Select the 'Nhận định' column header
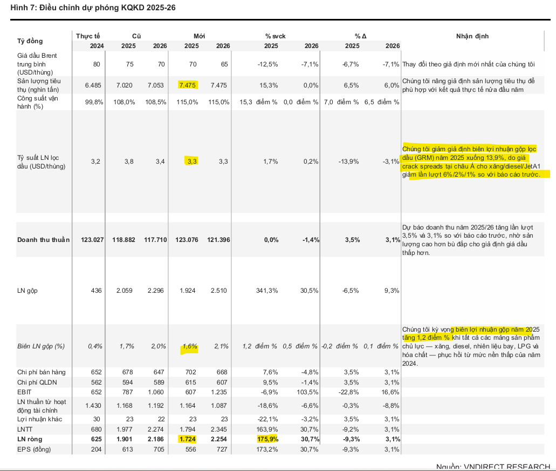click(x=472, y=36)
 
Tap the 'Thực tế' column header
click(x=89, y=36)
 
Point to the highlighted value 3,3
click(x=191, y=161)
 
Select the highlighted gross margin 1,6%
click(x=189, y=346)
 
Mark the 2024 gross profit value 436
click(x=98, y=291)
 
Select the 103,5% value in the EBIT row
click(x=308, y=392)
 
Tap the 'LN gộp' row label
click(x=28, y=291)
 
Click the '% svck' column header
click(x=275, y=36)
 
